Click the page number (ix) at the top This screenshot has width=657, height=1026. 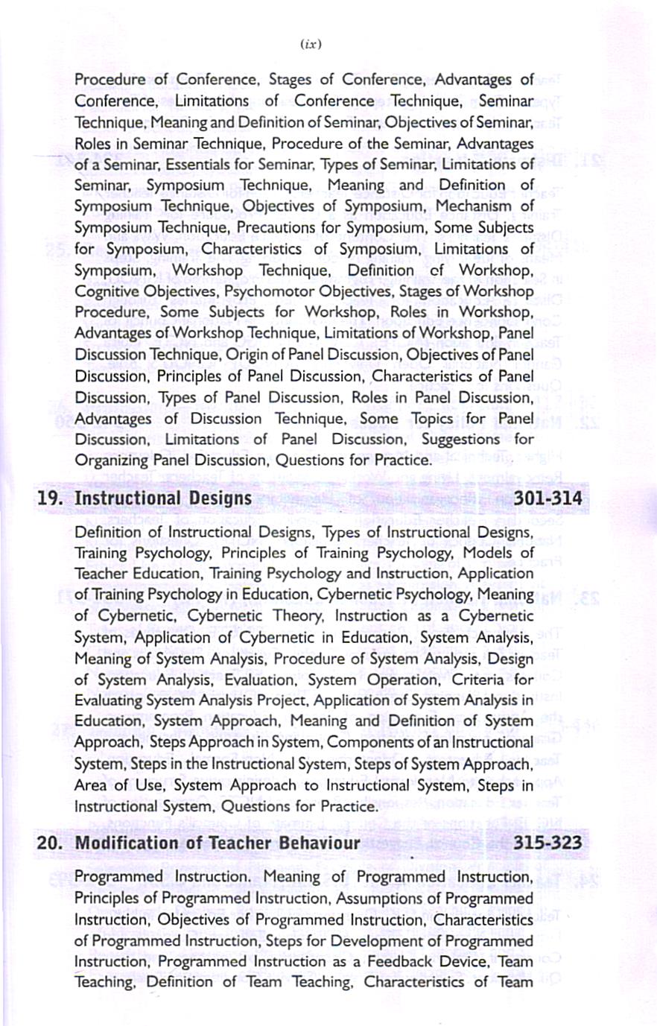311,44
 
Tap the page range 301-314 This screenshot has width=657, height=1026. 547,498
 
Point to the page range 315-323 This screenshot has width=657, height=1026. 547,843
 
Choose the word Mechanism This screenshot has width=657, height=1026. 474,206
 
